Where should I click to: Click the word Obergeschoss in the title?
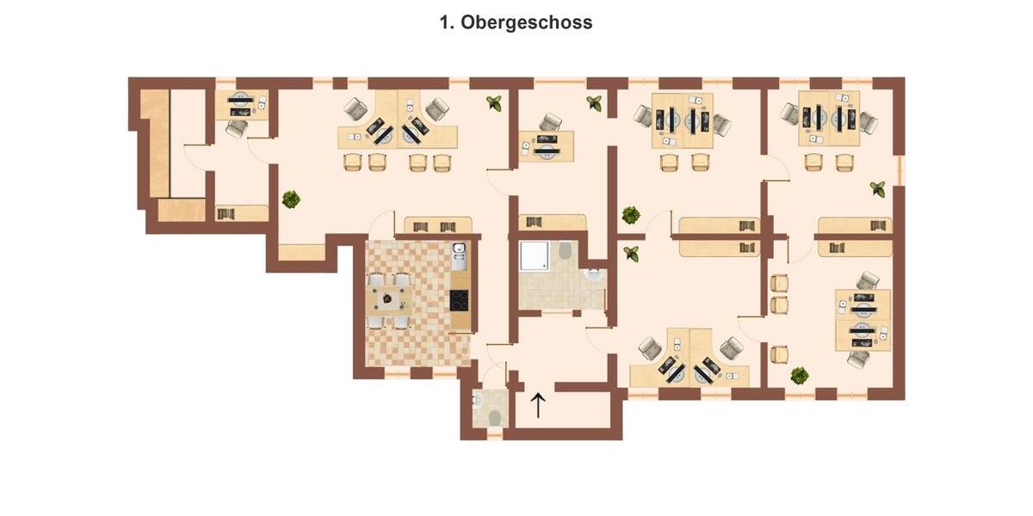(x=526, y=22)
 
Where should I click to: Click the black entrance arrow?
(x=538, y=405)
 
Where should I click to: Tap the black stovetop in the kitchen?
(x=460, y=300)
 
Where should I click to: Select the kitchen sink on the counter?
(x=460, y=255)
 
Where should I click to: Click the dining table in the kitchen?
(x=390, y=300)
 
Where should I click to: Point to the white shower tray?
(x=535, y=255)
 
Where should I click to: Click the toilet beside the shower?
(x=565, y=250)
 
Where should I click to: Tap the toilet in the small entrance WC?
(x=495, y=418)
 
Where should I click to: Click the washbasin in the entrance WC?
(x=478, y=400)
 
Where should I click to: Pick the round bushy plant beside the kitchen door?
(x=291, y=200)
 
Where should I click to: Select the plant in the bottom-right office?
(x=800, y=376)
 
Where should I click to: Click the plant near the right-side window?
(x=877, y=188)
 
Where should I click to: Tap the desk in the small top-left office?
(x=242, y=106)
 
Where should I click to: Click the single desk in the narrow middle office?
(x=546, y=146)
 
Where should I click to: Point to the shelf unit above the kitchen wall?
(x=437, y=224)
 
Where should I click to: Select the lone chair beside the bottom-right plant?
(x=779, y=353)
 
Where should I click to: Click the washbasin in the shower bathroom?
(x=592, y=274)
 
